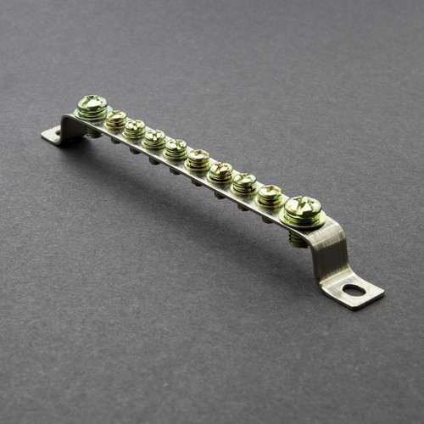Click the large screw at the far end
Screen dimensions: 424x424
92,106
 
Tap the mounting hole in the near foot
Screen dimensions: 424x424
354,290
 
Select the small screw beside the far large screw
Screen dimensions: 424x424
116,119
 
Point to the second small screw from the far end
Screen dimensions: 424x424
135,128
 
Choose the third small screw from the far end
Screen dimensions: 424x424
154,137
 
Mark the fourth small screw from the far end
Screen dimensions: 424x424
176,148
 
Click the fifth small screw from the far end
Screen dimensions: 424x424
198,158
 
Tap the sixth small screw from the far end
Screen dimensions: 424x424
220,170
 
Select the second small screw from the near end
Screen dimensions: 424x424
244,181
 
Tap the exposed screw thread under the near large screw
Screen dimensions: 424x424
298,240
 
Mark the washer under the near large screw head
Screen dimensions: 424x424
304,220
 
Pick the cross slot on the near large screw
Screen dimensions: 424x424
304,204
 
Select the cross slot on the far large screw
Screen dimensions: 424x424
92,102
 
